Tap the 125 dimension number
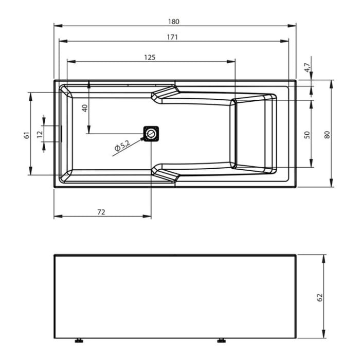150,58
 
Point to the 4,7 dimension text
307,67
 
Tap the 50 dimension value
307,134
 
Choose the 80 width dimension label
327,134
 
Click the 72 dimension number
101,212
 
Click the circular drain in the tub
151,134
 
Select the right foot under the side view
222,340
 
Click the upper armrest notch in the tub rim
166,93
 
